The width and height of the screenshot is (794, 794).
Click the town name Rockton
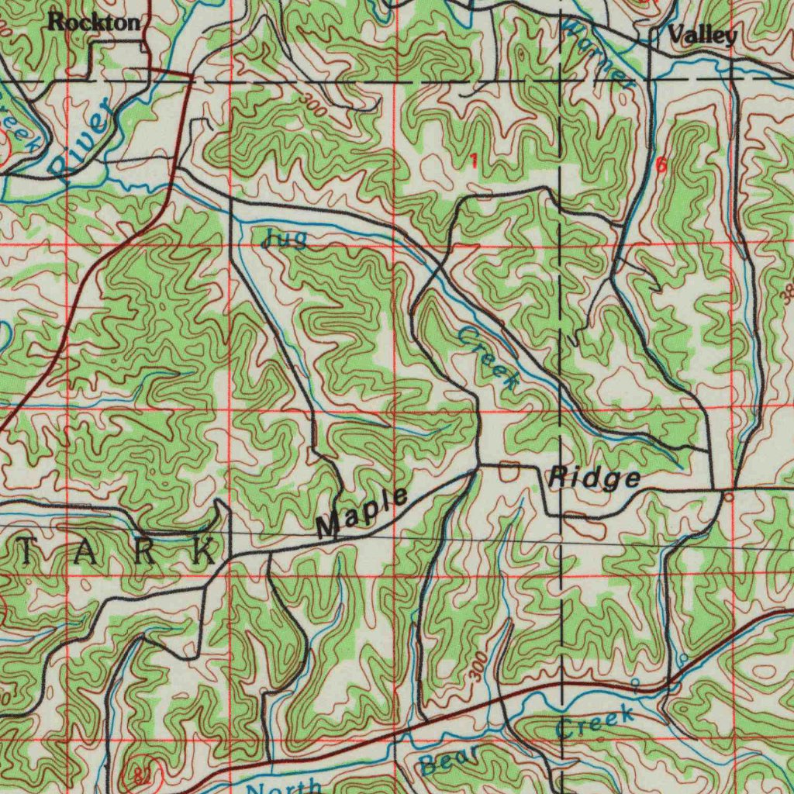[94, 22]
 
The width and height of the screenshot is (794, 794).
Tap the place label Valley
[702, 35]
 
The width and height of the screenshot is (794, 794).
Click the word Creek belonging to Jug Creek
[488, 357]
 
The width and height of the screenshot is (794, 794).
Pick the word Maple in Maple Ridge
[362, 513]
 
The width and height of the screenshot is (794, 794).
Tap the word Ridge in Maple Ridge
[595, 478]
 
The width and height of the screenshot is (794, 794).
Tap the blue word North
[285, 785]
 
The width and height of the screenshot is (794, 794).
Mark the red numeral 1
[473, 161]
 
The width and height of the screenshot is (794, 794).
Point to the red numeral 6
[661, 164]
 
